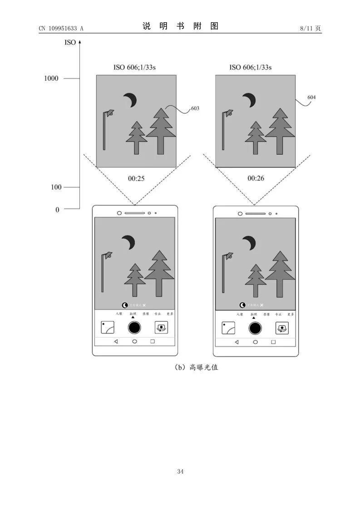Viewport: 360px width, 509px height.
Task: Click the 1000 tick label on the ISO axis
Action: pos(51,78)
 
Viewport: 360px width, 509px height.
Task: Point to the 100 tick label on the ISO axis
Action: pos(56,187)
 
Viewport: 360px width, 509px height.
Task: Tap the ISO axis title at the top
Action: pos(70,43)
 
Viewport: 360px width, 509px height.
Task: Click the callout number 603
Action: pos(195,108)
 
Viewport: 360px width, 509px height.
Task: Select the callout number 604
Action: pos(311,98)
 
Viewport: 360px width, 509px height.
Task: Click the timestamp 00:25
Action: pos(136,178)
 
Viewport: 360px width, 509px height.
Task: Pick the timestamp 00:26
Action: pos(256,178)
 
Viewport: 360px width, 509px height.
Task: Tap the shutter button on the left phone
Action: pos(134,327)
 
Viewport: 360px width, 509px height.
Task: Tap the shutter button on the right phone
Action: pos(255,328)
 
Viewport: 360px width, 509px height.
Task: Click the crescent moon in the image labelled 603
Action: pos(131,100)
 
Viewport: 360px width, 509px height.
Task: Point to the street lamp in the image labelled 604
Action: pos(226,129)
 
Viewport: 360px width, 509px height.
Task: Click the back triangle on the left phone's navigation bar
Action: pos(116,341)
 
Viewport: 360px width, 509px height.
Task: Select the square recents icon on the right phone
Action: pos(273,342)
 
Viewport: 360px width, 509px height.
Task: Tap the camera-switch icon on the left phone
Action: pos(161,327)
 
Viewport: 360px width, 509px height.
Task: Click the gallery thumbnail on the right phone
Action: pos(228,328)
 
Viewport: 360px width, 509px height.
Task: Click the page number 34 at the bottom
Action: pos(180,472)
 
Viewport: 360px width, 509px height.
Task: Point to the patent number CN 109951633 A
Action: pos(61,29)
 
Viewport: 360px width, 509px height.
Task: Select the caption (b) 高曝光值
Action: pos(196,367)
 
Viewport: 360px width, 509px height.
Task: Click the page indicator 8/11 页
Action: pos(311,29)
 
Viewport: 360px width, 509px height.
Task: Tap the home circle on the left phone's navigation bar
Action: pos(134,341)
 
